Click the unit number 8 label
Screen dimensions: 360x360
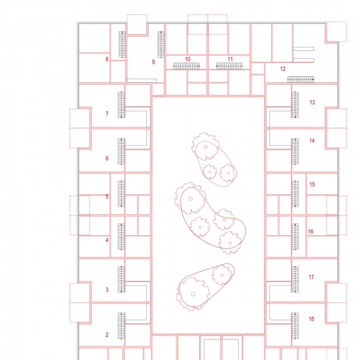click(x=107, y=59)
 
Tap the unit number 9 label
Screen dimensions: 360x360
click(x=154, y=62)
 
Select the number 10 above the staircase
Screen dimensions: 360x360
click(x=188, y=59)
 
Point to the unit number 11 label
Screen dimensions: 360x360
click(x=230, y=59)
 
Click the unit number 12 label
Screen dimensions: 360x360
click(x=283, y=69)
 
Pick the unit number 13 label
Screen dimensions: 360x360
click(x=312, y=103)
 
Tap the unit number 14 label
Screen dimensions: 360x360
click(x=312, y=140)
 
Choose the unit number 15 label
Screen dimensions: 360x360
click(x=312, y=184)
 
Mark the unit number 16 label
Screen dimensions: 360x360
click(x=311, y=232)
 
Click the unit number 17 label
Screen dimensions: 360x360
click(x=311, y=277)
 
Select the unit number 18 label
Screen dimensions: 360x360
click(x=311, y=319)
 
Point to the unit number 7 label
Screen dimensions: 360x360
click(x=107, y=114)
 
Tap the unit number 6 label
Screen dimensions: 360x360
click(x=107, y=158)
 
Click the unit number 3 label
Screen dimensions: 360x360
click(x=107, y=290)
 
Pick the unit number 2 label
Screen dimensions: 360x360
click(x=107, y=335)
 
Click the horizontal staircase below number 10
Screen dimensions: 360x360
click(x=186, y=66)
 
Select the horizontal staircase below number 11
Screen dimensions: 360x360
click(x=229, y=66)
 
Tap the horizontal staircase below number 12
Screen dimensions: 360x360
click(x=301, y=79)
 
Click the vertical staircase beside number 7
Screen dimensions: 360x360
click(x=121, y=104)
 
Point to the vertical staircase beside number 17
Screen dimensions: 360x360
click(x=295, y=279)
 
